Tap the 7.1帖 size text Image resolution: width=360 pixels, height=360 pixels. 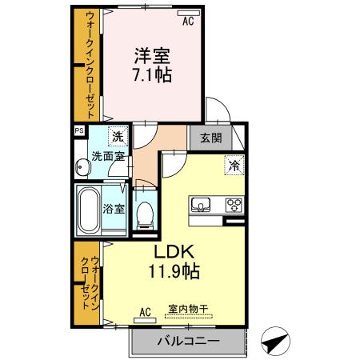(151, 77)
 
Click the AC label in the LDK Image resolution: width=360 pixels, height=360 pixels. (146, 311)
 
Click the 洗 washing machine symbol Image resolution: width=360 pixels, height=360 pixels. (118, 138)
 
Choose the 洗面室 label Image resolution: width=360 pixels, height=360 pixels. (106, 156)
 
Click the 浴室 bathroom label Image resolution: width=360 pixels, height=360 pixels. (114, 210)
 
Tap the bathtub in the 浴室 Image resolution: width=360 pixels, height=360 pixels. (88, 210)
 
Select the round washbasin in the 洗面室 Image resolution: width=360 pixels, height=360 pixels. (82, 169)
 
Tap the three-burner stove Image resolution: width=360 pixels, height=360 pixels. (234, 203)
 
